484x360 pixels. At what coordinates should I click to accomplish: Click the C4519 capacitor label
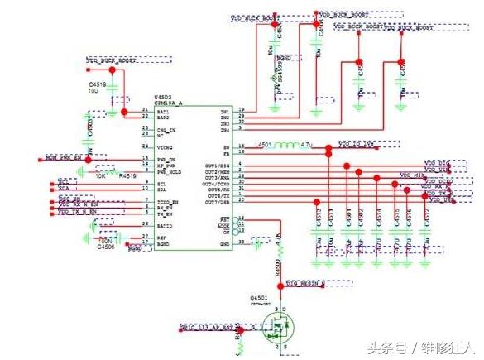pyautogui.click(x=98, y=84)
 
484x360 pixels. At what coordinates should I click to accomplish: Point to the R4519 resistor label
pyautogui.click(x=127, y=175)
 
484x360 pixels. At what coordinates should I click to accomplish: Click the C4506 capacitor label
pyautogui.click(x=106, y=246)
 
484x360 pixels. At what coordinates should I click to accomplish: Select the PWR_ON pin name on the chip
pyautogui.click(x=167, y=158)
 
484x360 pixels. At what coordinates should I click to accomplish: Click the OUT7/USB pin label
pyautogui.click(x=216, y=201)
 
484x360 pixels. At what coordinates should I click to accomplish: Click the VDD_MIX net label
pyautogui.click(x=412, y=175)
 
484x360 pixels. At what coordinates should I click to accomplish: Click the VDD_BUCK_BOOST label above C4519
pyautogui.click(x=112, y=61)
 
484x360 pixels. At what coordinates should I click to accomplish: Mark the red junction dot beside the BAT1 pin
pyautogui.click(x=125, y=111)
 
